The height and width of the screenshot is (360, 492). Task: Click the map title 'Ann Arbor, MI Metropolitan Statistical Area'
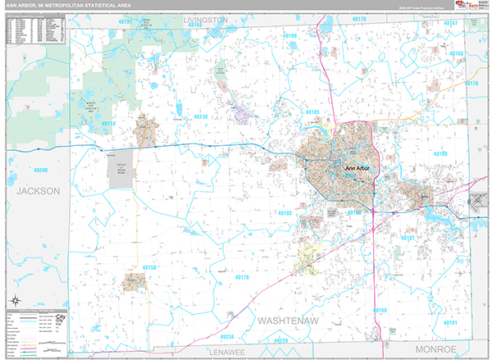pyautogui.click(x=69, y=6)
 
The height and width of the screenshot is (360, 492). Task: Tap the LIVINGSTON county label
pyautogui.click(x=205, y=18)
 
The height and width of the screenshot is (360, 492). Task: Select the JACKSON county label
pyautogui.click(x=38, y=190)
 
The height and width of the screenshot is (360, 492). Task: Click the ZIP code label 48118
pyautogui.click(x=109, y=123)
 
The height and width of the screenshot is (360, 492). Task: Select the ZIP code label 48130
pyautogui.click(x=202, y=117)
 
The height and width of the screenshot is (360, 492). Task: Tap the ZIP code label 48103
pyautogui.click(x=285, y=212)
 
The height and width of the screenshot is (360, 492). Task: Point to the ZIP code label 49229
pyautogui.click(x=281, y=339)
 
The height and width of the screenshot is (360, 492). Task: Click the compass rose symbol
pyautogui.click(x=13, y=298)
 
